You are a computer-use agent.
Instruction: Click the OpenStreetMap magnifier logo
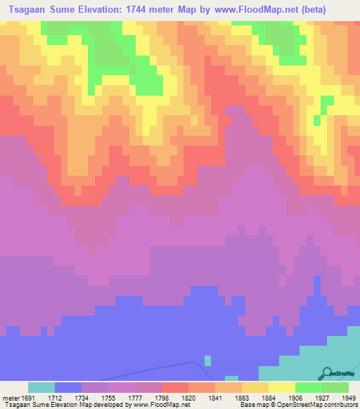[x=325, y=373]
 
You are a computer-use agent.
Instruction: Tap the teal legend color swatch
[x=41, y=387]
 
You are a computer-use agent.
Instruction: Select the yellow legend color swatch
[x=281, y=387]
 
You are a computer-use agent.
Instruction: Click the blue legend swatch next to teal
[x=68, y=387]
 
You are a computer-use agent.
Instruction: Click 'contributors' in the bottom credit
[x=338, y=405]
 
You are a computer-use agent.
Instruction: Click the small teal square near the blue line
[x=207, y=361]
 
